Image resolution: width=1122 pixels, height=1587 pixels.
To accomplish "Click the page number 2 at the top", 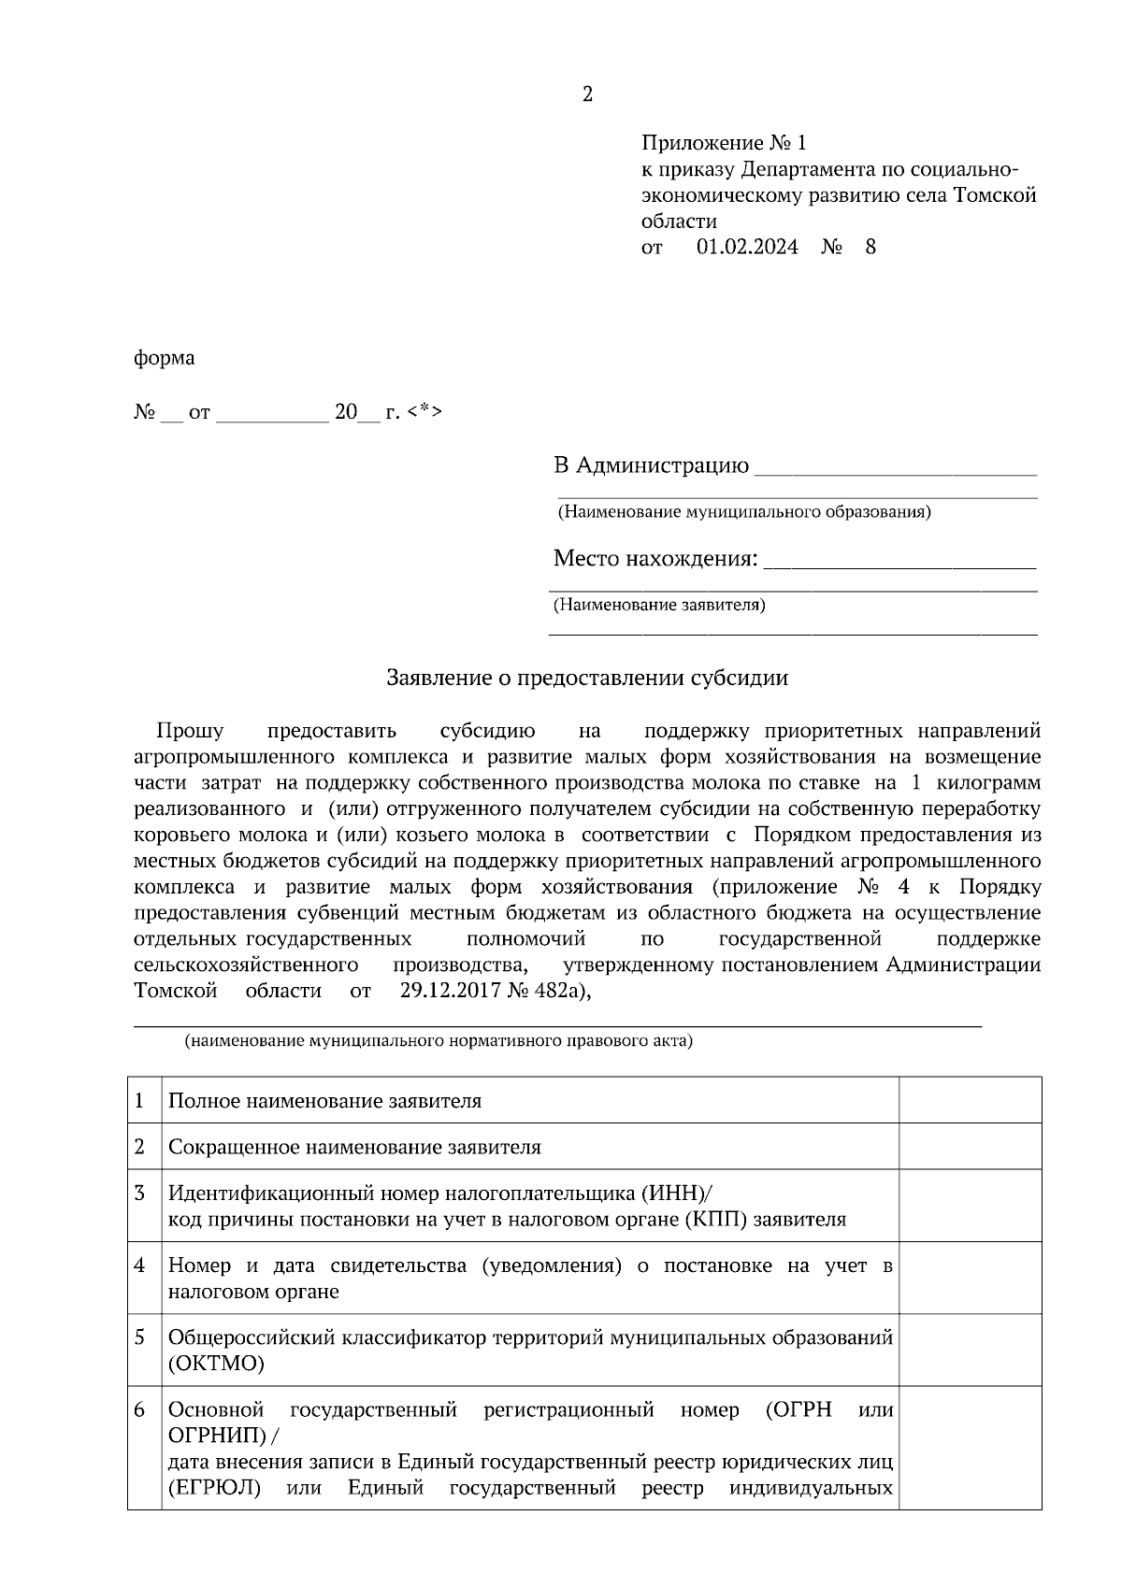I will pyautogui.click(x=587, y=94).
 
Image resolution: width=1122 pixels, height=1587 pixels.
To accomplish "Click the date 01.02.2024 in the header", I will pyautogui.click(x=747, y=248).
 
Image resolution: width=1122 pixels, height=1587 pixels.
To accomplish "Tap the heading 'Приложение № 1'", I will pyautogui.click(x=723, y=143).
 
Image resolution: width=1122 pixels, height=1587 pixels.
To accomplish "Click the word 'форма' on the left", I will pyautogui.click(x=165, y=358).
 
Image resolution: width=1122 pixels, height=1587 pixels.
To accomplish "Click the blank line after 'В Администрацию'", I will pyautogui.click(x=895, y=467).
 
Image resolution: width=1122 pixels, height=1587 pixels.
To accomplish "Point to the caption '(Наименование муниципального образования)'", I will pyautogui.click(x=743, y=512).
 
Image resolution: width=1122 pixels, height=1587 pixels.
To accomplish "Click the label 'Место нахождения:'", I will pyautogui.click(x=654, y=559).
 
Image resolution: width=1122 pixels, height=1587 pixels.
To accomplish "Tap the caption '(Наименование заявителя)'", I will pyautogui.click(x=660, y=605).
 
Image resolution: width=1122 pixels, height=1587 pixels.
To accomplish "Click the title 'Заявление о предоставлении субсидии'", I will pyautogui.click(x=587, y=679).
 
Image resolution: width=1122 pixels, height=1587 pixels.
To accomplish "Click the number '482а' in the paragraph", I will pyautogui.click(x=559, y=991).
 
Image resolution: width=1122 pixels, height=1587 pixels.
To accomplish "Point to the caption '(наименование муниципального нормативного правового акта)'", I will pyautogui.click(x=439, y=1040).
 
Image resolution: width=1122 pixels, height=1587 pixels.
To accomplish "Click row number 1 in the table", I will pyautogui.click(x=140, y=1100).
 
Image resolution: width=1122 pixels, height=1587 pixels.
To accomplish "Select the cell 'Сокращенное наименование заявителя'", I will pyautogui.click(x=354, y=1147).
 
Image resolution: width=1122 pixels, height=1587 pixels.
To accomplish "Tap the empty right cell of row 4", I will pyautogui.click(x=970, y=1278).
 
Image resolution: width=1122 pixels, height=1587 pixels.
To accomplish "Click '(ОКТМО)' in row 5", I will pyautogui.click(x=216, y=1364).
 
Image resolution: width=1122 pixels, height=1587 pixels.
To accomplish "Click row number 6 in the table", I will pyautogui.click(x=140, y=1409).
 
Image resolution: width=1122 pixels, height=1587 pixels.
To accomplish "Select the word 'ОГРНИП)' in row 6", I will pyautogui.click(x=217, y=1436).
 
